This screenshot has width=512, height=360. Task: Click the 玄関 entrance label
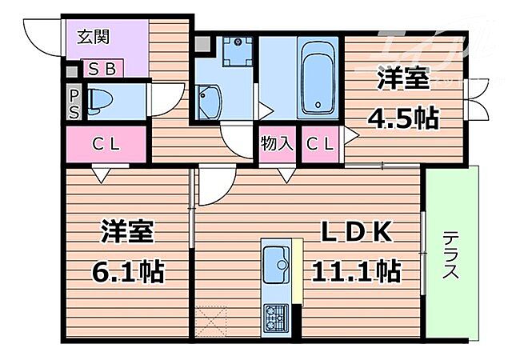click(94, 37)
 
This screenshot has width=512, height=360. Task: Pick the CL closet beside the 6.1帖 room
click(106, 145)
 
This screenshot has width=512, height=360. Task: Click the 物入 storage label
click(277, 145)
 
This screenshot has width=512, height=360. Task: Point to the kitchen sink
click(278, 261)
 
